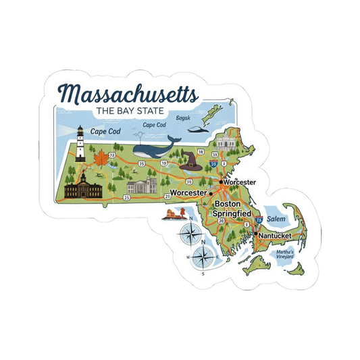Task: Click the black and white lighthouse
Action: click(x=80, y=143)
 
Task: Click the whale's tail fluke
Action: click(x=174, y=136)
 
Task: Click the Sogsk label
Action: click(x=182, y=118)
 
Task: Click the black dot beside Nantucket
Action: click(x=255, y=234)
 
